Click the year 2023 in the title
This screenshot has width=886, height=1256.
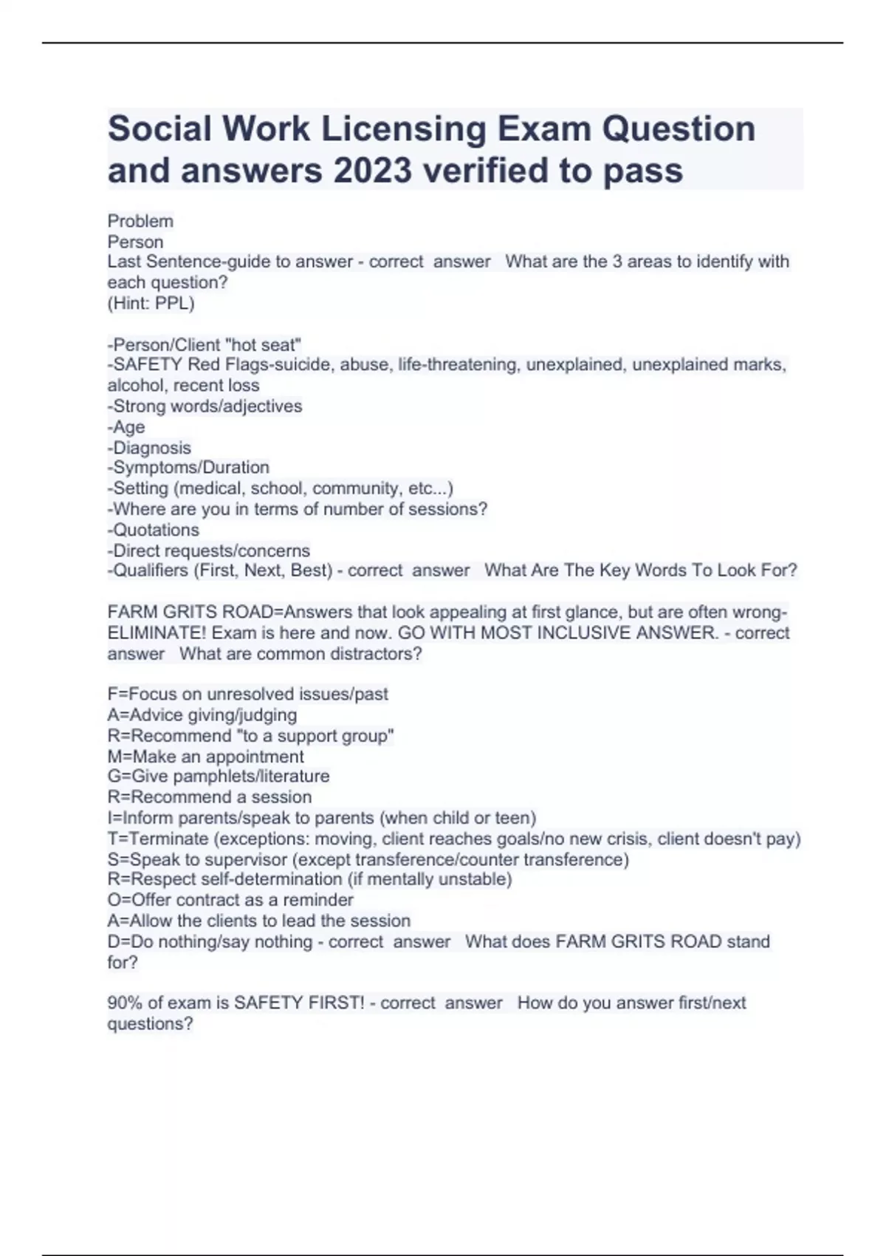[372, 171]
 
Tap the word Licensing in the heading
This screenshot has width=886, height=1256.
[403, 129]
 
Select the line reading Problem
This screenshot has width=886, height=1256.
[140, 221]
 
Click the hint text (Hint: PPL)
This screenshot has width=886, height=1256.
[151, 303]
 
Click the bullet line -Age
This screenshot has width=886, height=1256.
[126, 427]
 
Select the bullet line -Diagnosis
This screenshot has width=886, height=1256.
[149, 448]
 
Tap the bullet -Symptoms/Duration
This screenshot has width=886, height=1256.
[188, 468]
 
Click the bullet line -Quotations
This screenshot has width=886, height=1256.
[154, 530]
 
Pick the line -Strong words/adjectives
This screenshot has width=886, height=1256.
[205, 406]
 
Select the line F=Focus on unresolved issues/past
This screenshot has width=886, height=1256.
[247, 694]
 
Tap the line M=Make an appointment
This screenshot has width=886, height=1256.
[205, 757]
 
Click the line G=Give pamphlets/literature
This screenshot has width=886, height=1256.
[219, 776]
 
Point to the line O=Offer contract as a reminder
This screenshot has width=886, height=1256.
[230, 900]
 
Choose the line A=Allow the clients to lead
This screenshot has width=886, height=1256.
[258, 921]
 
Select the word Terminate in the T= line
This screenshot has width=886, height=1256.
[169, 839]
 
